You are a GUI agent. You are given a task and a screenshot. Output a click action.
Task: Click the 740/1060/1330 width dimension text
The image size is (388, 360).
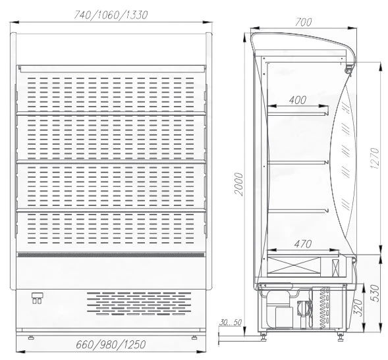(111, 15)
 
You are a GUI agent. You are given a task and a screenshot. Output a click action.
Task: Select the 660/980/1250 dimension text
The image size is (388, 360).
(111, 344)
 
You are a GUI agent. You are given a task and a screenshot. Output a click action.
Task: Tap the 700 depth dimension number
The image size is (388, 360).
(304, 22)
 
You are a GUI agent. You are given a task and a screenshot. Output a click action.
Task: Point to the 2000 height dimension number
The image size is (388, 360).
(238, 184)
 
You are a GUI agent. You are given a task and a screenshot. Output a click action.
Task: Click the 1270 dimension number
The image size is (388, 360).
(375, 158)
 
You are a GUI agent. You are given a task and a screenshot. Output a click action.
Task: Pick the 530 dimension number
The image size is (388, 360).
(375, 294)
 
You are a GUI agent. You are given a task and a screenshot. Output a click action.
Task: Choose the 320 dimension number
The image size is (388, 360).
(358, 308)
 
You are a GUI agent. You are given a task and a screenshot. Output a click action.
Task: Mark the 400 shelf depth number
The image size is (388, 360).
(298, 100)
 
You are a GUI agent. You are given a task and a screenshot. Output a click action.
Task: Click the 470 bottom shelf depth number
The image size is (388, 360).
(303, 244)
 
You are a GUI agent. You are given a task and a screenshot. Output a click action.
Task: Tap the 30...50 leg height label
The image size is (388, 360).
(230, 322)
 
